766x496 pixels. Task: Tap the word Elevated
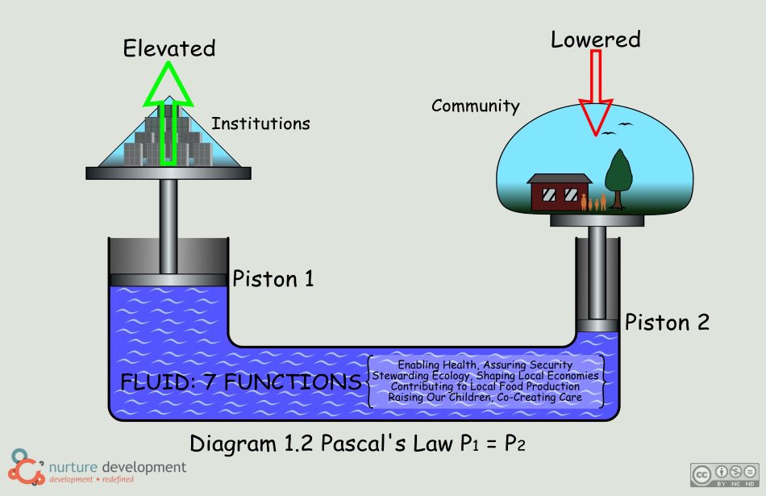click(169, 48)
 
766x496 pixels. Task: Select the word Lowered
click(596, 39)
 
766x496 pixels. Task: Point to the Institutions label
click(260, 124)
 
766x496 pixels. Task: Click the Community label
click(476, 106)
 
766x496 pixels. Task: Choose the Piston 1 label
click(273, 279)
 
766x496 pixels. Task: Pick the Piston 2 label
click(667, 322)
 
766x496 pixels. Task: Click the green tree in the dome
click(618, 173)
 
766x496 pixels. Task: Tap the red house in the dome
click(556, 192)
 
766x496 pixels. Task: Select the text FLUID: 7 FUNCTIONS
click(241, 382)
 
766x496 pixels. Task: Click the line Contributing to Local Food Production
click(485, 386)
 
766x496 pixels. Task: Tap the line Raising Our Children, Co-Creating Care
click(485, 398)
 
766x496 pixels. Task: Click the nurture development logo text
click(117, 468)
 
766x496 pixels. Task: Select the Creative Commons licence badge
click(722, 474)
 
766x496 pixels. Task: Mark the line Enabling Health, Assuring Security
click(485, 365)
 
